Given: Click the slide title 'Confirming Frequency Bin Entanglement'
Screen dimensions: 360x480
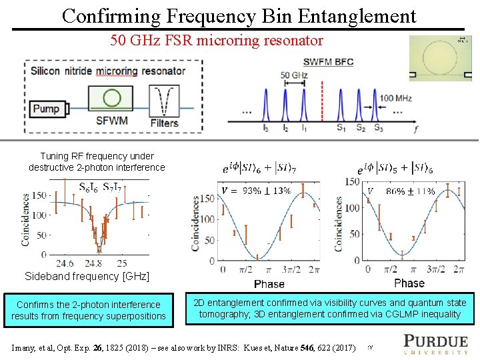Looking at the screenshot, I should point(239,15).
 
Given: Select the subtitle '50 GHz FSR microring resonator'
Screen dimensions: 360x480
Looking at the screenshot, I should point(217,41).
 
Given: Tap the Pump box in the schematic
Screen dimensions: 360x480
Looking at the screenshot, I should point(46,109).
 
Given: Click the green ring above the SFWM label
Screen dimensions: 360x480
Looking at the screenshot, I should point(112,99).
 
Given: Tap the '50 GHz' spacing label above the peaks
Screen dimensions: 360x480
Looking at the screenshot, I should point(293,75).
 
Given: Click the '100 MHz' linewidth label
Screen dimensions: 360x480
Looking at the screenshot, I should point(395,99).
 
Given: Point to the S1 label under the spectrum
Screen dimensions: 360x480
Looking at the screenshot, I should point(341,127).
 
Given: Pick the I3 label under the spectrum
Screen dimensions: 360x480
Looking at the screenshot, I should point(267,127).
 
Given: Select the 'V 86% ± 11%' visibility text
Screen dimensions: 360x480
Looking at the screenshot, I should point(402,191).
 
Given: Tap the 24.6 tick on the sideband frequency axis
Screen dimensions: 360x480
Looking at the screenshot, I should point(65,263).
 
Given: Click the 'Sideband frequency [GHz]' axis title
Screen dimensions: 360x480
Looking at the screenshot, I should point(87,276).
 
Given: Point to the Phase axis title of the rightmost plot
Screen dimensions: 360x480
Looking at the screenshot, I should point(409,283).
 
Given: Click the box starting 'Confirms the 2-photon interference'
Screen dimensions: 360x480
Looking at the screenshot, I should point(88,310).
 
